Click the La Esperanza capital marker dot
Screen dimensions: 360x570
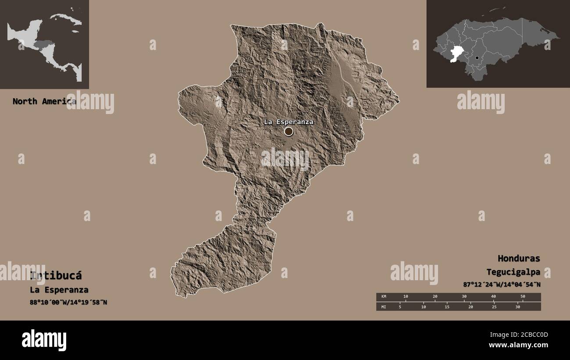coord(289,132)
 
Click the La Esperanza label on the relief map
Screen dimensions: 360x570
coord(289,122)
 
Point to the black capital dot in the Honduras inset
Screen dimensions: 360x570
coord(477,58)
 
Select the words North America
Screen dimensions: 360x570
coord(44,101)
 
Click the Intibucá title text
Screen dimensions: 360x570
coord(56,276)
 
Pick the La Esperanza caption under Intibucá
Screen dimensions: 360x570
coord(59,290)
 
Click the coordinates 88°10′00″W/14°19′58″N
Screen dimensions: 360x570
coord(68,302)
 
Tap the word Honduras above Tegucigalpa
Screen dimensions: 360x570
coord(519,258)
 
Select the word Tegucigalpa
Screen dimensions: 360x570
coord(513,272)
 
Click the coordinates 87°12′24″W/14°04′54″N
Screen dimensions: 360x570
coord(502,284)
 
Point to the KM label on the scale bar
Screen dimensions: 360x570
coord(384,297)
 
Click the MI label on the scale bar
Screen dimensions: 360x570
coord(384,307)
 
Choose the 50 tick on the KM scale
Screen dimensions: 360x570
coord(523,297)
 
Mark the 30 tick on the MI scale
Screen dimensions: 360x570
coord(517,307)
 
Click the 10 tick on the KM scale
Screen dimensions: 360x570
coord(406,297)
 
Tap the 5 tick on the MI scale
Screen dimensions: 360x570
coord(400,307)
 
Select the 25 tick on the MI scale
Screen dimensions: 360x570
coord(494,307)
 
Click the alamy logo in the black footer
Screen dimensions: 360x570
coord(44,340)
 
